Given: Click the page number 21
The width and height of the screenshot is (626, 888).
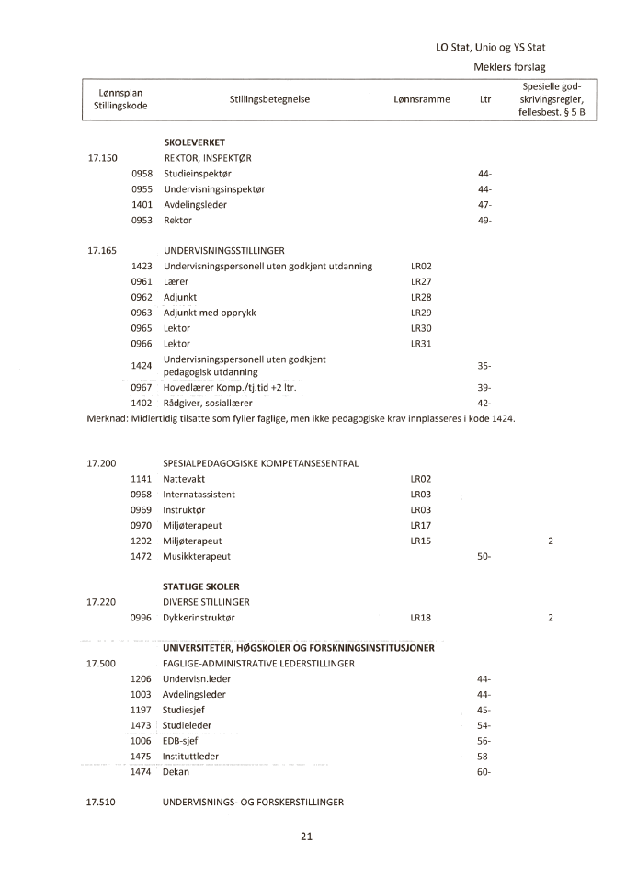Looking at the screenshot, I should pos(307,837).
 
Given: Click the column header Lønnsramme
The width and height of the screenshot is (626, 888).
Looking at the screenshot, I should pos(421,100).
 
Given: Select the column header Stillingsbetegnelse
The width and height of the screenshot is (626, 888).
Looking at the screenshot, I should pos(269,100).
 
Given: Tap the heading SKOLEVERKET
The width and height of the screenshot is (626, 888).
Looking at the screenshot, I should pos(194,142).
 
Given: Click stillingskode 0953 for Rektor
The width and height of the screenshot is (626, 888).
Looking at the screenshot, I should pos(142,221).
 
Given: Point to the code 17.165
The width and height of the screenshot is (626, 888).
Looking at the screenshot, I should pos(102,250).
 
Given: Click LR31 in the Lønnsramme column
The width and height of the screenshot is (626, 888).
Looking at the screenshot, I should pos(421,344).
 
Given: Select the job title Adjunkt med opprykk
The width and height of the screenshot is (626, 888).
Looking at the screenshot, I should pos(210,313).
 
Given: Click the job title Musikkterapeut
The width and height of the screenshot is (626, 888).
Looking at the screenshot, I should pos(197,557).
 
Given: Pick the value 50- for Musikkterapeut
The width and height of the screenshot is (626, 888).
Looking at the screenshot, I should pos(484,557).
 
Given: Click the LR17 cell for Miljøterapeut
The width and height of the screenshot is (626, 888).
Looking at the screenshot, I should pos(421,525).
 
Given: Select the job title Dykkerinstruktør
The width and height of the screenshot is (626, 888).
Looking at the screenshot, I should pos(199,618).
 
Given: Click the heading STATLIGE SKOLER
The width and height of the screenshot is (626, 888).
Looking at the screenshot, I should pos(201,586).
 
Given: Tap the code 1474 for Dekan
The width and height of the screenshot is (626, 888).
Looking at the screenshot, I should pos(141,772).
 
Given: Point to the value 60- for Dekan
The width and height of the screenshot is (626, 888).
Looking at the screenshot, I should pos(484,772).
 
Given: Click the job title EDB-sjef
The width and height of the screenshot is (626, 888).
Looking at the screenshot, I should pos(181,741).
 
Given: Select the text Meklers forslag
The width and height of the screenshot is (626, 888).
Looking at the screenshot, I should pos(509,66).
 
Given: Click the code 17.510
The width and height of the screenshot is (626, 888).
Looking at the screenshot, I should pos(101,803).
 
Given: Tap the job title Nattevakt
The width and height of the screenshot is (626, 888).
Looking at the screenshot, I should pos(185,479).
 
